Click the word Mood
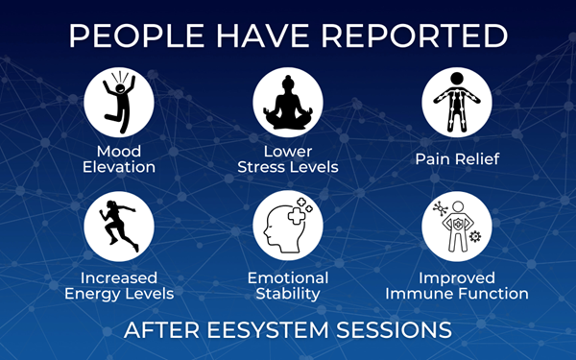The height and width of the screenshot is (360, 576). (119, 152)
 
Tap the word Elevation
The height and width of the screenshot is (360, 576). (119, 167)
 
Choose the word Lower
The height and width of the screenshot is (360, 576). (288, 152)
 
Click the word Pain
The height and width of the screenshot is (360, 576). (430, 157)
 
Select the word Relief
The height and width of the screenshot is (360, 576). (476, 157)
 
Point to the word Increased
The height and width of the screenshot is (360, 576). (119, 277)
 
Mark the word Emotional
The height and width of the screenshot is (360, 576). (288, 277)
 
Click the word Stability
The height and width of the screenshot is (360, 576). (288, 293)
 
